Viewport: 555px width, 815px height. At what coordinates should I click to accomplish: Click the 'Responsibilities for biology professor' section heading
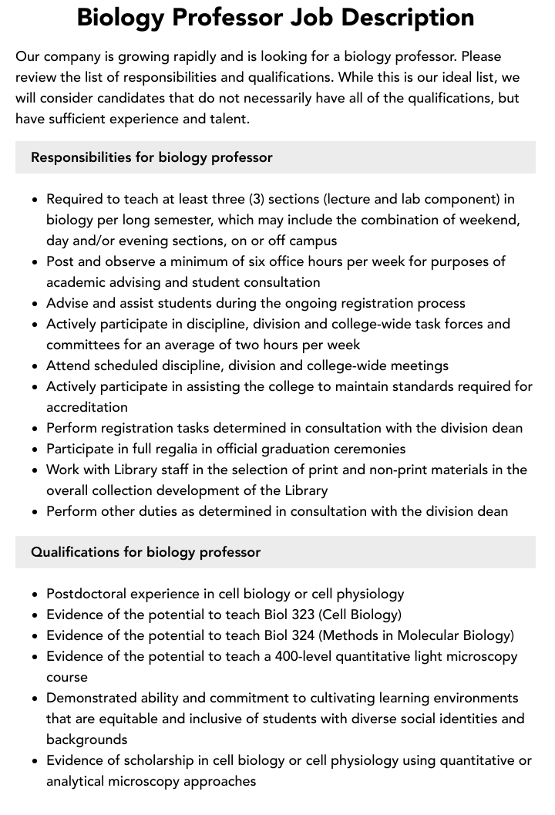pos(152,157)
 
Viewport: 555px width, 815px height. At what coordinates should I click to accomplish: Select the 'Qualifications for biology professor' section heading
pos(146,552)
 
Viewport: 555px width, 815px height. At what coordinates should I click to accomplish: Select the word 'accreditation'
pos(87,407)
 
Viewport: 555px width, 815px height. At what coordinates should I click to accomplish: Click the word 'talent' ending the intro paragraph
pos(228,119)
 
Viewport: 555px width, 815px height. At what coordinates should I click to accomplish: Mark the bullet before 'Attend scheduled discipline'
pos(35,366)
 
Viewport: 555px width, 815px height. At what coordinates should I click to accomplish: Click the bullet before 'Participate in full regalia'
pos(35,450)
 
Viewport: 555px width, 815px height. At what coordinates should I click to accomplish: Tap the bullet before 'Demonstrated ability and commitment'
pos(35,699)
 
